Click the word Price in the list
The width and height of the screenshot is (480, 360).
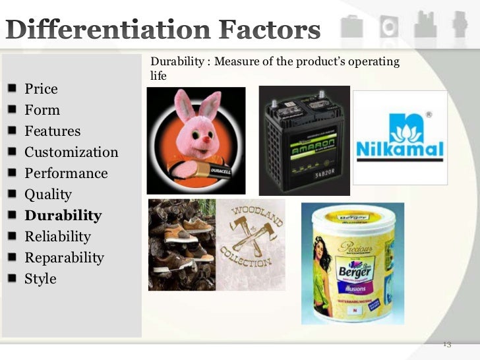click(x=41, y=89)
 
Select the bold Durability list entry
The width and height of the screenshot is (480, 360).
click(x=63, y=216)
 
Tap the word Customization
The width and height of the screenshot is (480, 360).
click(x=71, y=152)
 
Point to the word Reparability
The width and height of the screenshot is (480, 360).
click(x=64, y=258)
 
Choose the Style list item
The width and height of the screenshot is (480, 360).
click(x=40, y=279)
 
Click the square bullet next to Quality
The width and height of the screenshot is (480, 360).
click(x=14, y=195)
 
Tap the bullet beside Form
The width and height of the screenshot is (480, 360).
click(x=14, y=110)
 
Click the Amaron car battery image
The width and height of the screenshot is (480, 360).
click(x=304, y=140)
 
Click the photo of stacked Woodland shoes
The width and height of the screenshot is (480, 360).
click(x=179, y=244)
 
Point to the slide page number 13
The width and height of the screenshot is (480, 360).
click(x=446, y=344)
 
